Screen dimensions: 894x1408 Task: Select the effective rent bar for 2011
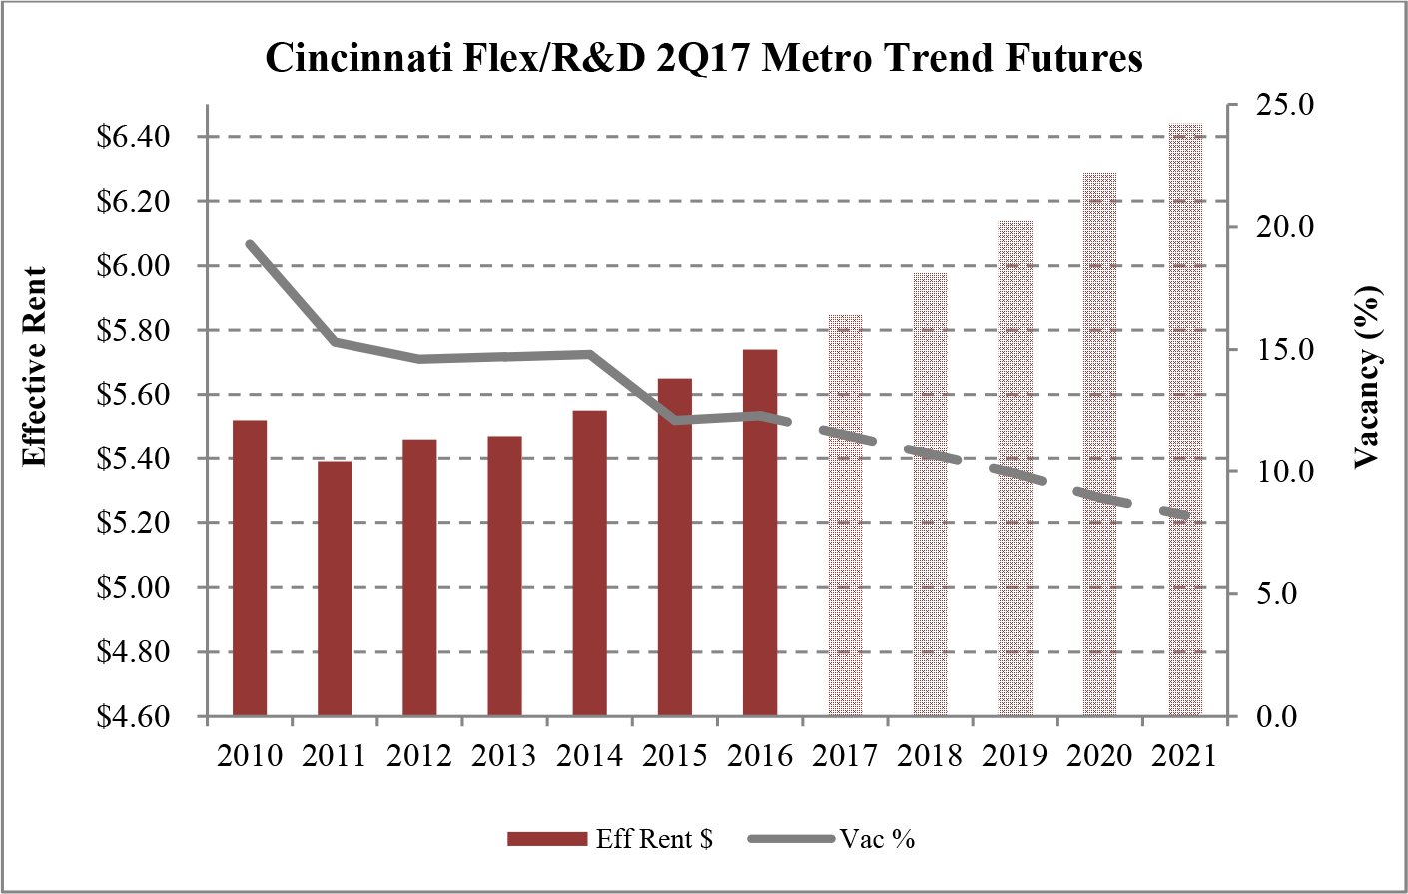point(335,588)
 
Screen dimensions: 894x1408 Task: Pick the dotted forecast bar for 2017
point(845,514)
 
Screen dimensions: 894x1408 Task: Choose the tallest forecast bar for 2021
point(1185,420)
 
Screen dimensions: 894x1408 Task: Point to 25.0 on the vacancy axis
point(1269,105)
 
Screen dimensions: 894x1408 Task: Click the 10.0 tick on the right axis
point(1269,471)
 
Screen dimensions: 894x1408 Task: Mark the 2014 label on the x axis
point(589,755)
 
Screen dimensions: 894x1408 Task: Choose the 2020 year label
point(1099,755)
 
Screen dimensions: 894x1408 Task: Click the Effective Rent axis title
point(36,367)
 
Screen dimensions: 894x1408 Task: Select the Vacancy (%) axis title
point(1367,377)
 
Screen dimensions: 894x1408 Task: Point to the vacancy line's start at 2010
point(250,243)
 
